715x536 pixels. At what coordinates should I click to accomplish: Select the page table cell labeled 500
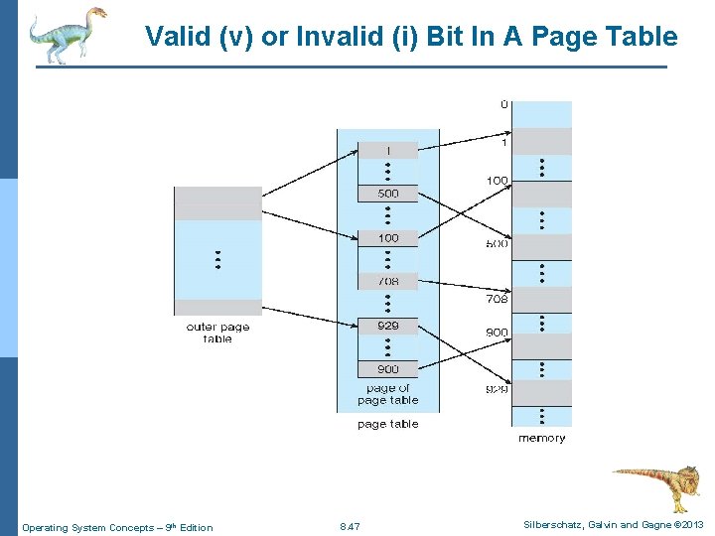[388, 194]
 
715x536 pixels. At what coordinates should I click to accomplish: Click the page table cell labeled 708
[388, 282]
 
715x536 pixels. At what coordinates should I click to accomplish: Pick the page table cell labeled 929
[388, 326]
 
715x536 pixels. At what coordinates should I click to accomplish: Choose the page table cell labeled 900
[388, 369]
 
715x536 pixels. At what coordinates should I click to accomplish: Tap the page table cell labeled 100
[388, 238]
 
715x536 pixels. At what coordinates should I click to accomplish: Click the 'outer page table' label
[217, 333]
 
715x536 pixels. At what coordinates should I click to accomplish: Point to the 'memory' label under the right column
[542, 438]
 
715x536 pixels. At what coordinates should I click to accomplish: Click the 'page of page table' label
[387, 394]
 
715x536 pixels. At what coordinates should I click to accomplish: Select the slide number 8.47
[350, 527]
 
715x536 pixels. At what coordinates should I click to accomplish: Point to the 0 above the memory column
[504, 104]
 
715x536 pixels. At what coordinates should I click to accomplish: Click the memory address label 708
[497, 299]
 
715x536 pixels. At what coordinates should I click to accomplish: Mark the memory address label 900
[497, 333]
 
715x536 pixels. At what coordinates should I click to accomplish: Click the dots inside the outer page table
[217, 260]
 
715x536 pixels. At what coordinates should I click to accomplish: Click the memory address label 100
[497, 181]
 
